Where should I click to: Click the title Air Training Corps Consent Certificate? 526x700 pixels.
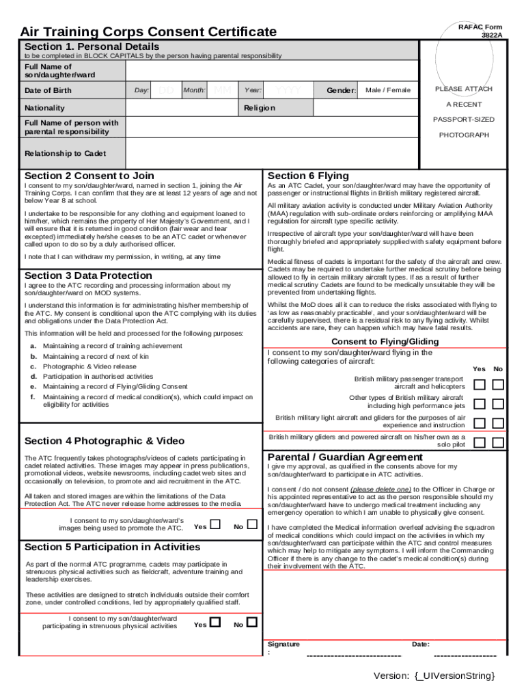(x=148, y=31)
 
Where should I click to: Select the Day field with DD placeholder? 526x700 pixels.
(x=166, y=90)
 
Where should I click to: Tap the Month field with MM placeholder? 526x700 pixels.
(x=222, y=90)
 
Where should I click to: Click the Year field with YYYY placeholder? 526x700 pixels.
(x=288, y=90)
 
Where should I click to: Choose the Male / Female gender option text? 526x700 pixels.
(x=388, y=90)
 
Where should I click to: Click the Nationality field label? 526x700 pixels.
(x=45, y=108)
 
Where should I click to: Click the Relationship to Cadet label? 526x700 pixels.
(x=65, y=153)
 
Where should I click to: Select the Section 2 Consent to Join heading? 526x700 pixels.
(x=89, y=176)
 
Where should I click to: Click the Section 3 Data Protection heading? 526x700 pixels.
(x=88, y=275)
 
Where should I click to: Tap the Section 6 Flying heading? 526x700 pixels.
(x=308, y=176)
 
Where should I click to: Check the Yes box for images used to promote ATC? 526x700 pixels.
(x=216, y=525)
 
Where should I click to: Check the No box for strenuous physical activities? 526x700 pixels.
(x=252, y=623)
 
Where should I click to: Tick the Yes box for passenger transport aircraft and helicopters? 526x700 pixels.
(x=480, y=385)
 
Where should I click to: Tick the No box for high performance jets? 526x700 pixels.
(x=498, y=404)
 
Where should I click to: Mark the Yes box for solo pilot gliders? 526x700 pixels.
(x=480, y=443)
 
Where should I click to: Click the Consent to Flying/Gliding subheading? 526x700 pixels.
(x=385, y=342)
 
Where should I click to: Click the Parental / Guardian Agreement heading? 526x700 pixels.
(x=345, y=457)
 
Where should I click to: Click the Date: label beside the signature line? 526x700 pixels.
(x=421, y=644)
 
